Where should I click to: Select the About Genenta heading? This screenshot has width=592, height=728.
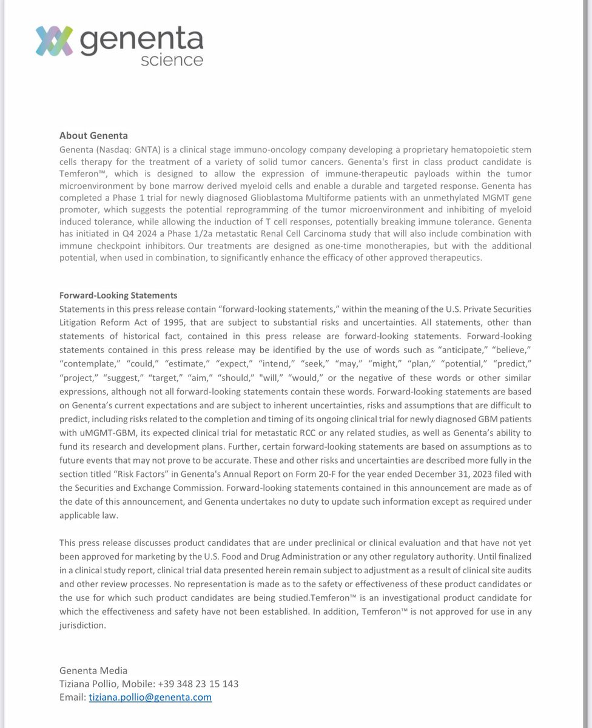[93, 135]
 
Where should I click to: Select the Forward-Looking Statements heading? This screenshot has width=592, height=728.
[118, 295]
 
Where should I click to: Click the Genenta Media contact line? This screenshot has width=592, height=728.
[93, 670]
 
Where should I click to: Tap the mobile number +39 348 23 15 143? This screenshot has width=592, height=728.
[193, 684]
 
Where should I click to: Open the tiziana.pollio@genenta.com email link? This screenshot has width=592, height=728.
[150, 697]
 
